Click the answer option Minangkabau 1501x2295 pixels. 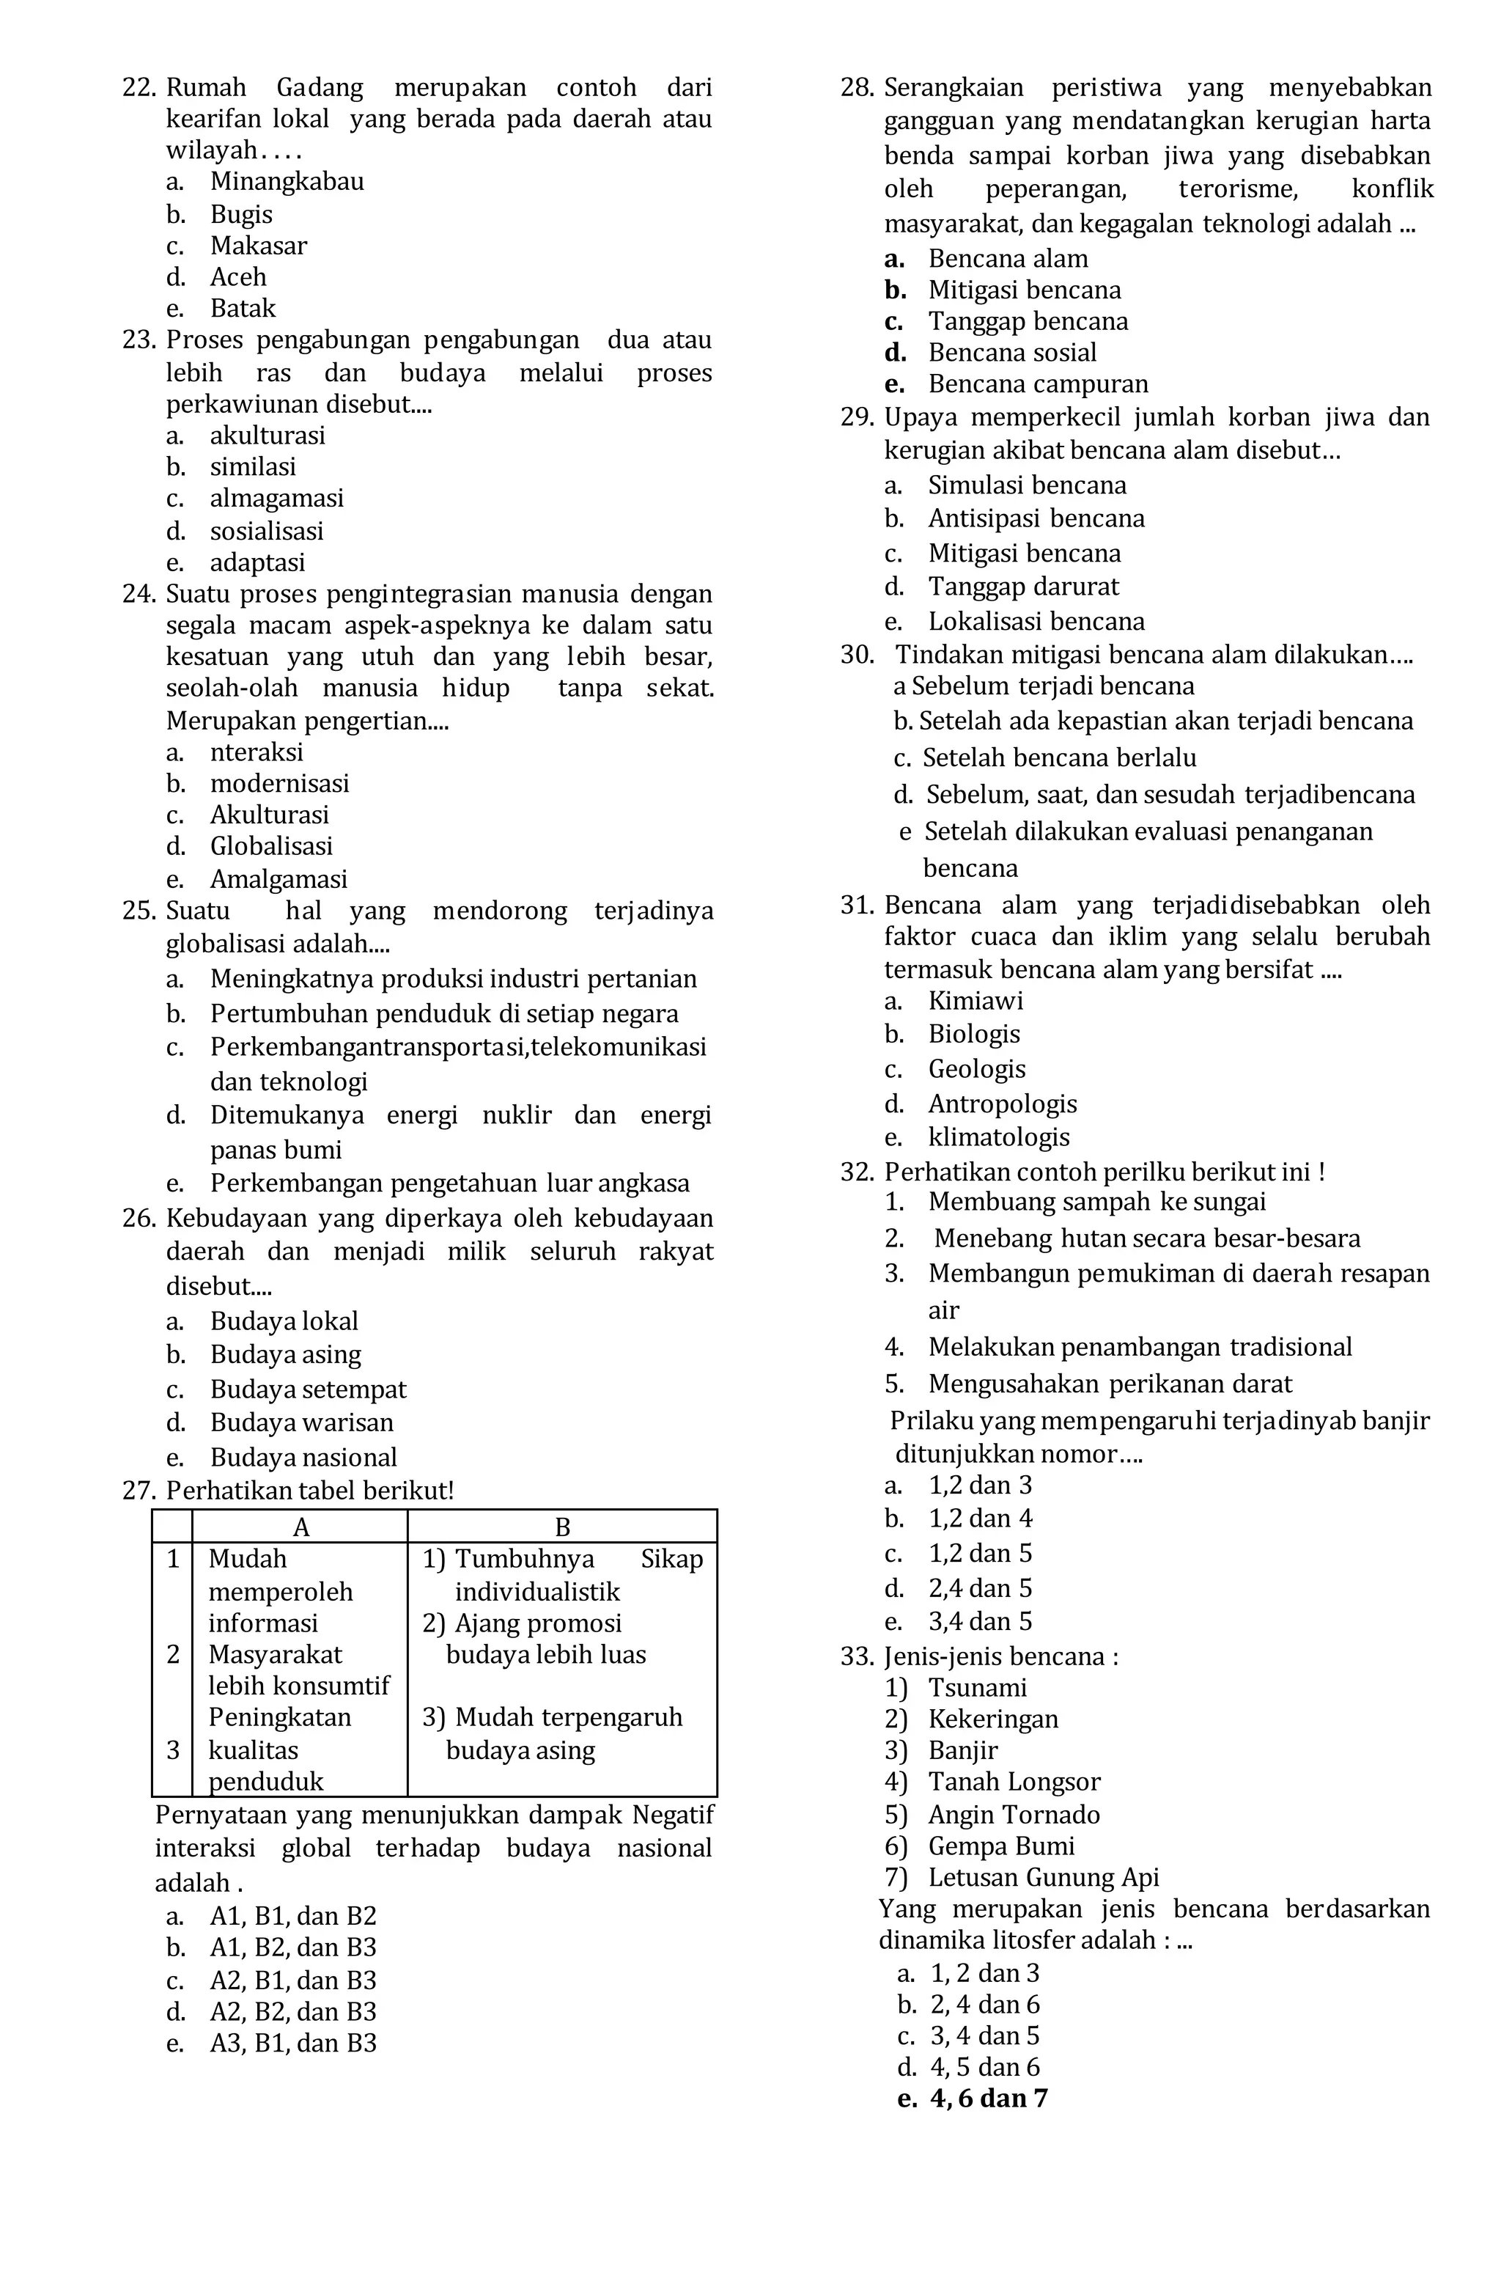point(287,181)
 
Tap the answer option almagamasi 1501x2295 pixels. point(277,499)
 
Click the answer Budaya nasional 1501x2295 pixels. point(303,1457)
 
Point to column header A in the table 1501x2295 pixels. point(300,1527)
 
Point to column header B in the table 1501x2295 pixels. point(562,1527)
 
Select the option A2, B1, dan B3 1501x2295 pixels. point(293,1980)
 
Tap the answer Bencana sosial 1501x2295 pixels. point(1012,353)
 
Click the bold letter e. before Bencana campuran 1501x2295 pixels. point(893,385)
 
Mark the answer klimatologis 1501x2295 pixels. point(999,1137)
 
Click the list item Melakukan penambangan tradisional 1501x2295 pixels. point(1140,1347)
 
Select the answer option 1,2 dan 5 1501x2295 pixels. point(979,1554)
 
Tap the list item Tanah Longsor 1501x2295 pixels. point(1014,1782)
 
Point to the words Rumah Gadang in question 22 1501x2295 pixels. point(265,89)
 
